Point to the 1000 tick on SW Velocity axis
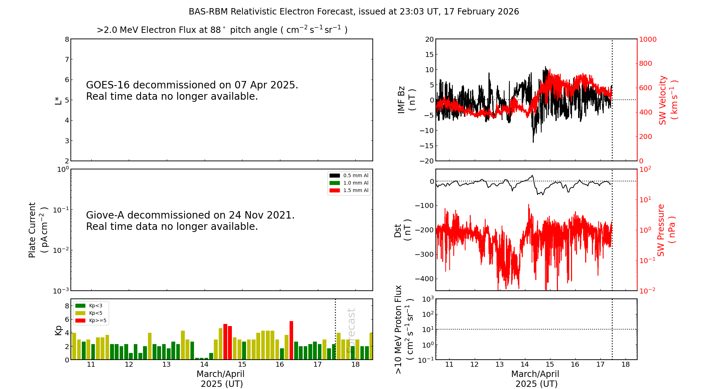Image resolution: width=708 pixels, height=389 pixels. [647, 39]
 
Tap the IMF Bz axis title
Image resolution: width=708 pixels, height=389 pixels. [406, 100]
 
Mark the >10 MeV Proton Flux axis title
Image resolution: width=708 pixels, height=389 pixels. [404, 329]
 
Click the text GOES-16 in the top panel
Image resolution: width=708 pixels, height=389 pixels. [108, 85]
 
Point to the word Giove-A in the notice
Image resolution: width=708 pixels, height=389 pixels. [105, 215]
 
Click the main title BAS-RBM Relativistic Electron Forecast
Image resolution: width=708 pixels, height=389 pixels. [272, 12]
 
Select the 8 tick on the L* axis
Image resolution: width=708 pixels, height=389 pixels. [67, 39]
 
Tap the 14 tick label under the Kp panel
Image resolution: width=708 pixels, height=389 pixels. [204, 365]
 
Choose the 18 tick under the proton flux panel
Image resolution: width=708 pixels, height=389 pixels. [626, 365]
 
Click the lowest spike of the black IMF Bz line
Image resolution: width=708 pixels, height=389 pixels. [533, 142]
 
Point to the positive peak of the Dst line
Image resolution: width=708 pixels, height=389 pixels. [532, 175]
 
